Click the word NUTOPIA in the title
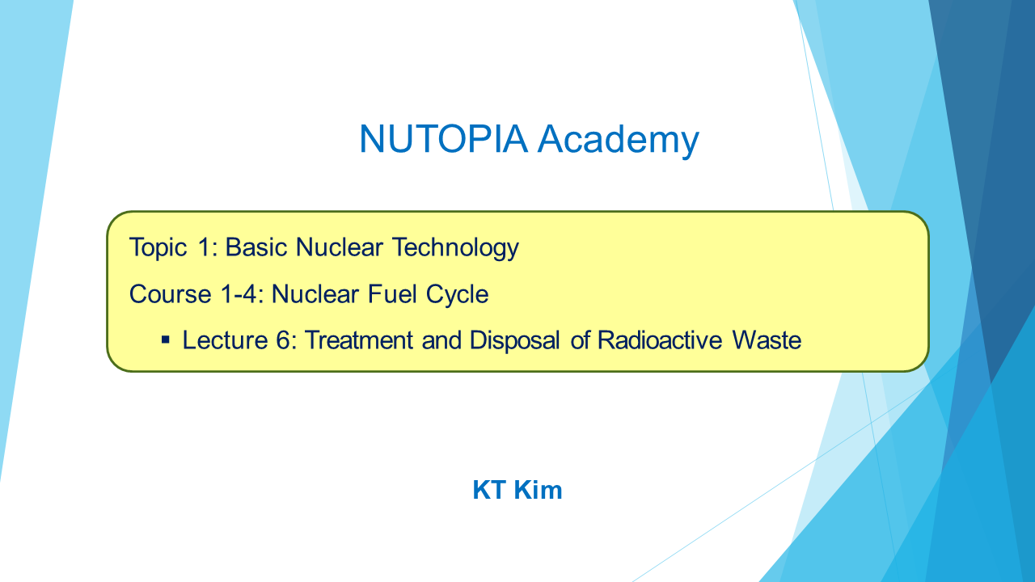(x=443, y=138)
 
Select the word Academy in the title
(x=619, y=141)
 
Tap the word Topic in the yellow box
(x=158, y=248)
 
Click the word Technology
(x=455, y=248)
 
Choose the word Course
(x=170, y=294)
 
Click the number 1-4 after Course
(x=242, y=294)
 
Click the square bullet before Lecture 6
(x=166, y=341)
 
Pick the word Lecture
(x=225, y=340)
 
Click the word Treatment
(x=358, y=340)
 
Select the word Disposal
(x=515, y=341)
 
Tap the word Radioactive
(x=659, y=340)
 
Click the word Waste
(x=767, y=340)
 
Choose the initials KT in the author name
(x=489, y=490)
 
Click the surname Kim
(x=538, y=490)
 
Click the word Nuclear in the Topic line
(x=339, y=247)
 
